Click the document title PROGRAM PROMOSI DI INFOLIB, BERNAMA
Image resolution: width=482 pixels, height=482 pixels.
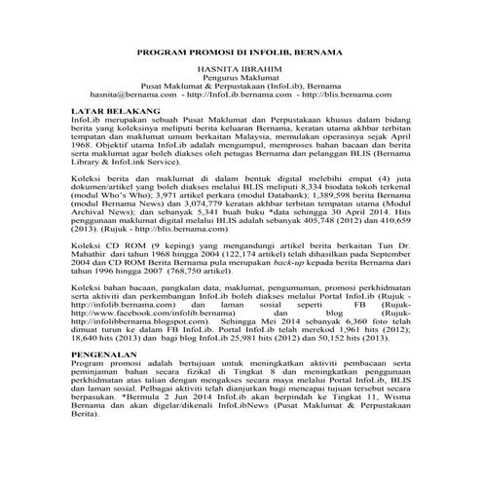tap(241, 50)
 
